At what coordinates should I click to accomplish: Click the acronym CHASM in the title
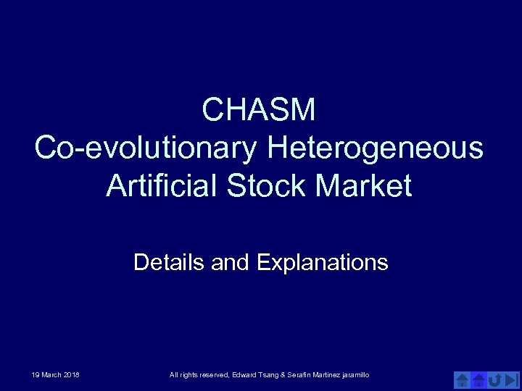tap(259, 111)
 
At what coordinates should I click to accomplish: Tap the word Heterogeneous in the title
tap(375, 148)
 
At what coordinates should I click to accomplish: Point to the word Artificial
tap(162, 186)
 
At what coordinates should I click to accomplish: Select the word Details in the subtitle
tap(170, 262)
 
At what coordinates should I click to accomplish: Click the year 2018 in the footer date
tap(72, 374)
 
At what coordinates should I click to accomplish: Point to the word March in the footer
tap(51, 374)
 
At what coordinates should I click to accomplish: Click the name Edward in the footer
tap(242, 374)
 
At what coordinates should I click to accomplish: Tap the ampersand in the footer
tap(282, 374)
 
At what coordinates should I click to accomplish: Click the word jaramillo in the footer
tap(355, 374)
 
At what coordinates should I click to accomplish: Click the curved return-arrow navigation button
tap(495, 379)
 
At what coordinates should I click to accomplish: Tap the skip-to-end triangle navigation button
tap(512, 379)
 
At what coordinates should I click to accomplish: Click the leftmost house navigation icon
tap(462, 379)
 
